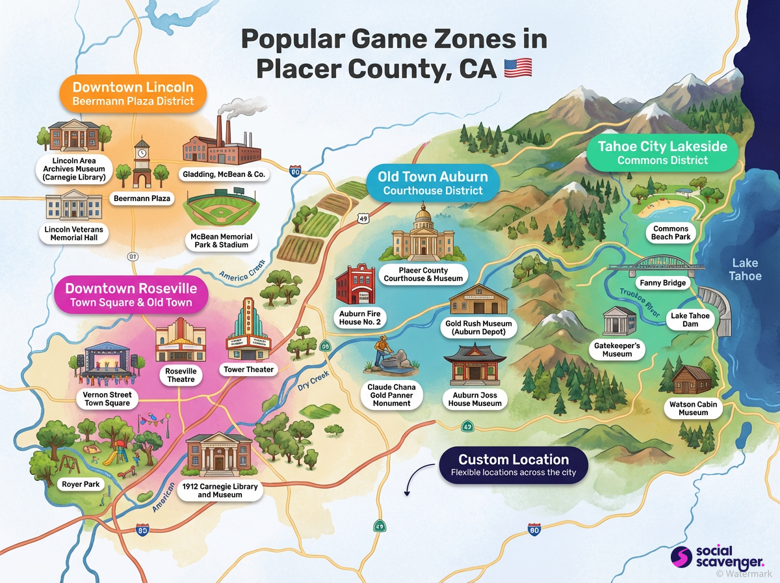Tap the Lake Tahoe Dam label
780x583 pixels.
pos(690,319)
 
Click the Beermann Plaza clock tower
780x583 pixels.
pos(142,163)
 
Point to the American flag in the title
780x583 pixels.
pos(518,68)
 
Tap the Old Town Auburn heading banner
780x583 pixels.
pos(433,182)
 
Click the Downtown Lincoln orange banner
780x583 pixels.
pos(133,93)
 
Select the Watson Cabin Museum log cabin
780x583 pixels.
pos(693,380)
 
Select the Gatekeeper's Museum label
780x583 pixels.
pos(617,349)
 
